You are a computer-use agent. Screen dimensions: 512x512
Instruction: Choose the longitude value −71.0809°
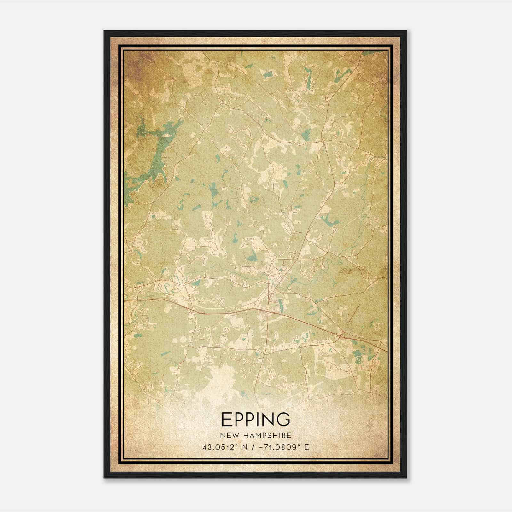pos(280,447)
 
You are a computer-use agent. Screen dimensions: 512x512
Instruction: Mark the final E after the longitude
pos(307,447)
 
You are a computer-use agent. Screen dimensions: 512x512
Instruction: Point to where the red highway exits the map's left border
pos(125,301)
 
